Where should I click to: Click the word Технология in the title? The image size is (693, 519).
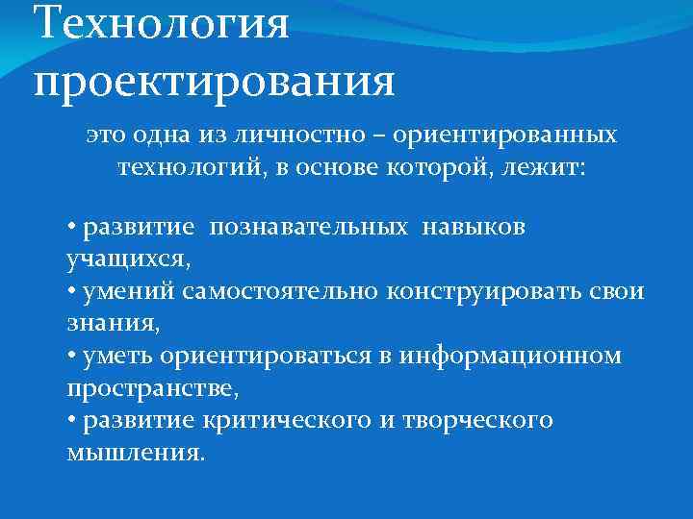(x=161, y=23)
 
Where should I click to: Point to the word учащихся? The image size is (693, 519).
(x=128, y=259)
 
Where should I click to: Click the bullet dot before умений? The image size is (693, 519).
(x=72, y=292)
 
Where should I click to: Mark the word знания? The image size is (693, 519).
(x=112, y=325)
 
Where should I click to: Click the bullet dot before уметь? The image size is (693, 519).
(x=72, y=357)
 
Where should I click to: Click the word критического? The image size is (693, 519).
(x=290, y=421)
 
